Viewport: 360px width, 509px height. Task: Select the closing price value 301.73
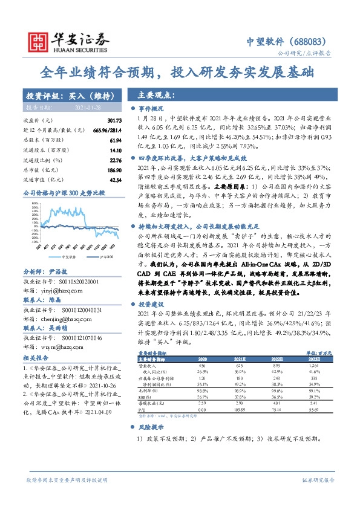(x=114, y=122)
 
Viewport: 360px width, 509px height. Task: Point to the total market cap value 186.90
(x=114, y=170)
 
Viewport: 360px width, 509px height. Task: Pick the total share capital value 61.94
(x=116, y=140)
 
